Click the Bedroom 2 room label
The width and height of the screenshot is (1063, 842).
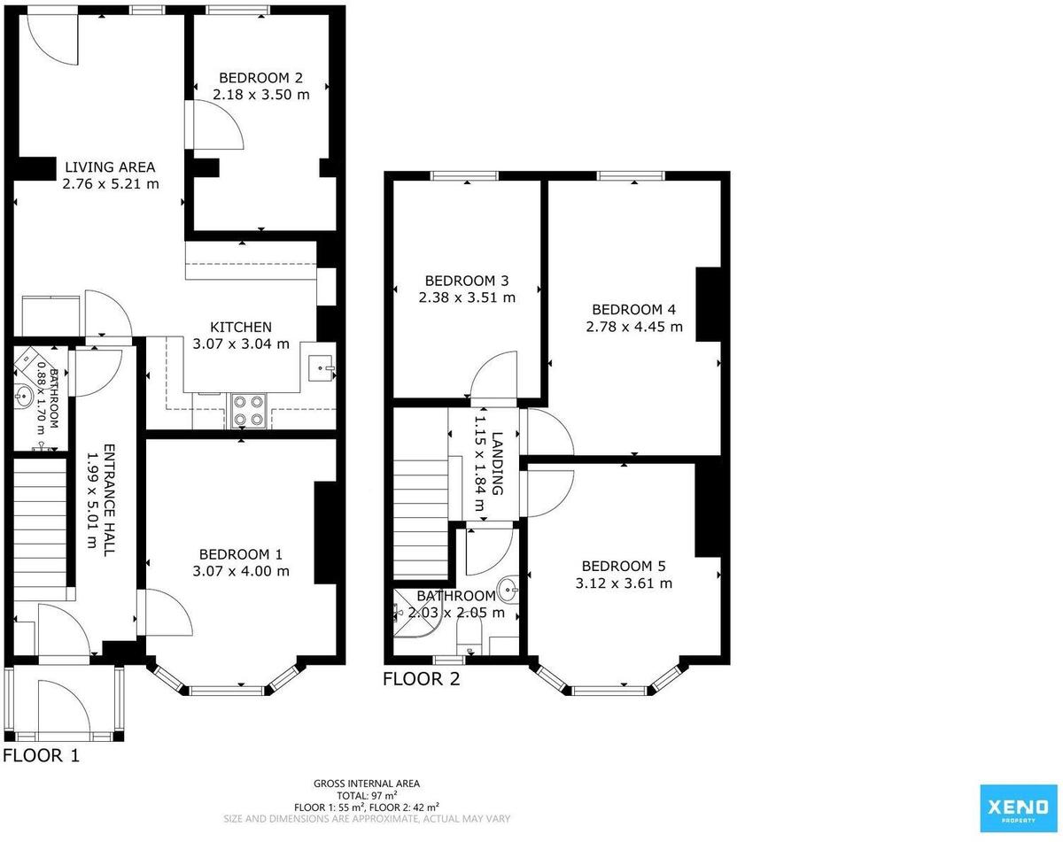coord(260,78)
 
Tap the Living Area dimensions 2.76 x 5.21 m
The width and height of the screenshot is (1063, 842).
coord(111,184)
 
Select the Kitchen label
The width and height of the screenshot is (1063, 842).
coord(241,327)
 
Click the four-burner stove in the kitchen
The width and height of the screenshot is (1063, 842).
coord(248,411)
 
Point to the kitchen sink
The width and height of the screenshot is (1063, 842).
coord(321,368)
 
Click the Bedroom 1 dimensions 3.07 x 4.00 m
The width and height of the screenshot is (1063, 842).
coord(241,571)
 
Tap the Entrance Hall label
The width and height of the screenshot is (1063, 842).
coord(109,499)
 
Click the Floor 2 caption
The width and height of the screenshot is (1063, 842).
coord(422,679)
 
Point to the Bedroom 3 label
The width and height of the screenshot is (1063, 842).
coord(467,281)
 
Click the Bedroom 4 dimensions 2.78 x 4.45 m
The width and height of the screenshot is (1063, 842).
coord(634,327)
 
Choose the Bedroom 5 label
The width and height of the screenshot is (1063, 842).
coord(624,566)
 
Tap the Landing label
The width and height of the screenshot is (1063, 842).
coord(498,463)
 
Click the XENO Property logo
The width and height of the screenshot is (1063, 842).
coord(1018,808)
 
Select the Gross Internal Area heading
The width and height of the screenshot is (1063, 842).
coord(367,784)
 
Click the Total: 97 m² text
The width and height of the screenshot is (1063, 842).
coord(367,796)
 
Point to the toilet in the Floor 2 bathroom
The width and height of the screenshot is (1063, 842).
coord(469,636)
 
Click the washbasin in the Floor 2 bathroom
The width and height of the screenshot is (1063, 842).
coord(508,589)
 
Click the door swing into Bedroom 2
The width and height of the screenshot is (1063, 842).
coord(218,125)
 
